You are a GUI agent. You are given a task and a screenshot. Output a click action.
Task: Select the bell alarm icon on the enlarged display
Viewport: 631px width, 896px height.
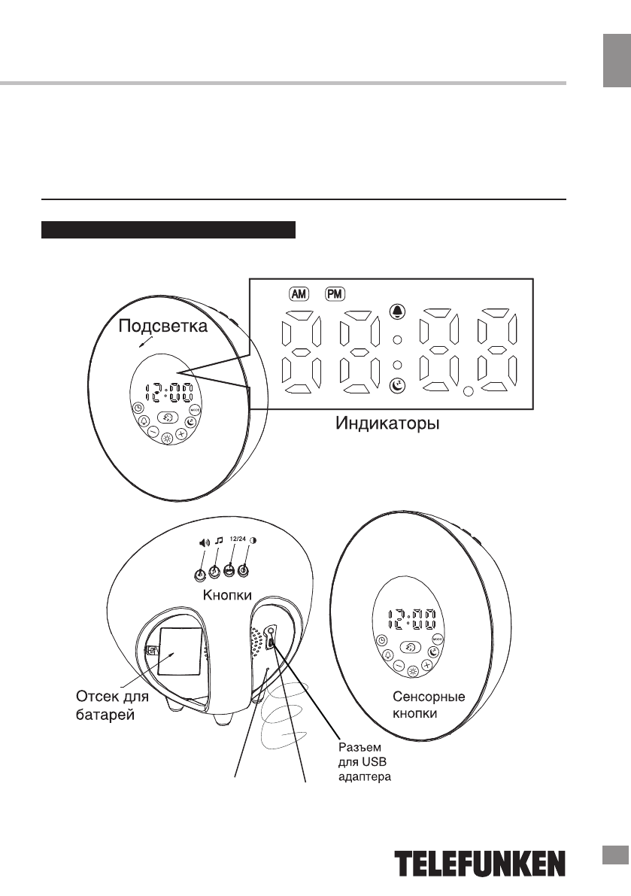coord(398,311)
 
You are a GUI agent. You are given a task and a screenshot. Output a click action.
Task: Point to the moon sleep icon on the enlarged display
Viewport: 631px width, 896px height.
coord(398,386)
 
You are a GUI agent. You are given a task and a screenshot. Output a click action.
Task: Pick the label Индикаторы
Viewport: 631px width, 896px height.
coord(387,424)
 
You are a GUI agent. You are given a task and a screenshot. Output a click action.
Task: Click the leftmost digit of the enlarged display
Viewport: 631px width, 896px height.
coord(299,350)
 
